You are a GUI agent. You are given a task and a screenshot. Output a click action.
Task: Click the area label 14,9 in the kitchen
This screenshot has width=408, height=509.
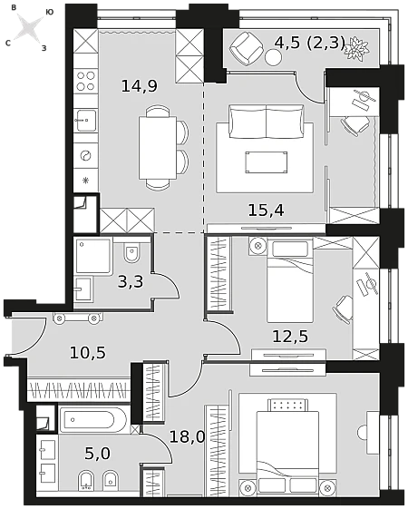[140, 86]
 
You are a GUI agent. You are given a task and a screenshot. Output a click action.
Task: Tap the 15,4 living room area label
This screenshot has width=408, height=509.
[266, 210]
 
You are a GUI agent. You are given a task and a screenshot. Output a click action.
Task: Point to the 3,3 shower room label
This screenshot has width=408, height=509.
[131, 282]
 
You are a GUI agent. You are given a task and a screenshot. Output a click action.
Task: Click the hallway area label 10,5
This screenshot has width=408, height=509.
[88, 353]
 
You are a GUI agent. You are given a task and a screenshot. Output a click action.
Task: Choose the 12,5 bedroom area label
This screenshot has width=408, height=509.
[290, 337]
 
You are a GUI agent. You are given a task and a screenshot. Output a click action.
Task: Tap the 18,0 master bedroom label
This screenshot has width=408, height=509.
[188, 437]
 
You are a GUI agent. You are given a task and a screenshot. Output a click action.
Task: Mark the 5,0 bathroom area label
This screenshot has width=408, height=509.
[97, 454]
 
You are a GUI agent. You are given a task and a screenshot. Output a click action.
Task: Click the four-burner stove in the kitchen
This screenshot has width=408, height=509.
[85, 81]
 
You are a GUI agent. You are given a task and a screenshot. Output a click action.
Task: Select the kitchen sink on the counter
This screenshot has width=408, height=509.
[85, 120]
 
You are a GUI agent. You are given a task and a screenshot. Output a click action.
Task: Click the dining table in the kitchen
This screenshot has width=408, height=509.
[158, 148]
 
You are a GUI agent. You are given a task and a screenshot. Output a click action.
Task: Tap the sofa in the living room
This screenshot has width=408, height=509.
[267, 121]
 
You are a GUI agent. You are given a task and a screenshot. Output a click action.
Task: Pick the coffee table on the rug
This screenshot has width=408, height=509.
[267, 162]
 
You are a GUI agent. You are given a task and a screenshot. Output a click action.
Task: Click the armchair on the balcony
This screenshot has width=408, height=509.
[247, 48]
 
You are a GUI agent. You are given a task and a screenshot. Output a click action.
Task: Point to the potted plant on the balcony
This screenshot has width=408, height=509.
[357, 48]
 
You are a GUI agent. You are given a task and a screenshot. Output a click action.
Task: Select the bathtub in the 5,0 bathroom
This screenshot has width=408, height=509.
[92, 420]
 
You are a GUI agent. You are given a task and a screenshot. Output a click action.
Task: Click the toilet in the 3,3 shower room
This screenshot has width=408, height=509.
[132, 252]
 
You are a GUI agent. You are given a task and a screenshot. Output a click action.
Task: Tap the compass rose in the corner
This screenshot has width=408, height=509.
[30, 27]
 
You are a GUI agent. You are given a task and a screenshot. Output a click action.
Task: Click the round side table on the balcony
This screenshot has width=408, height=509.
[273, 58]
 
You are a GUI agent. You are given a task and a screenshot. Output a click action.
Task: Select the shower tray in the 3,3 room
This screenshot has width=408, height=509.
[93, 256]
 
